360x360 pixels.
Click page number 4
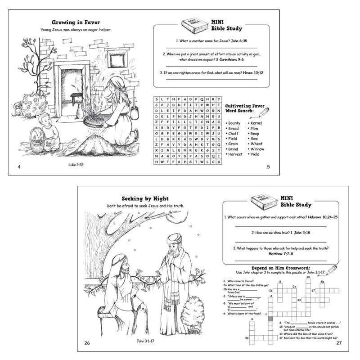coord(19,167)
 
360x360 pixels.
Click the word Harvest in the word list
coord(235,154)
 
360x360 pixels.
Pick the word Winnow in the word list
coord(257,149)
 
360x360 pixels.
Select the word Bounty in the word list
coord(234,123)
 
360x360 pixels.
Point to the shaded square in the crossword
coord(270,319)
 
